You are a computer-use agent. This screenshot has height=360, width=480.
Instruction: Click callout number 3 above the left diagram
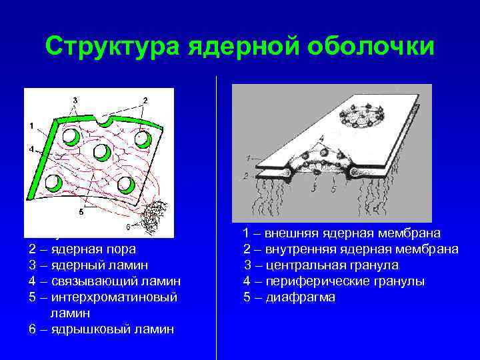(x=75, y=100)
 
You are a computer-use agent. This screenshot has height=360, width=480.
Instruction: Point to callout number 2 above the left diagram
(x=145, y=100)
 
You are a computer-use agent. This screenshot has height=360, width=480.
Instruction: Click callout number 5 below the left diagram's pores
(x=81, y=213)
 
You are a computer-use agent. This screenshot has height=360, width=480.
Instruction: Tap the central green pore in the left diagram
(x=102, y=152)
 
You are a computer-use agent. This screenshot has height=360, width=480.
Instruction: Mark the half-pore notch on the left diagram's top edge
(x=103, y=121)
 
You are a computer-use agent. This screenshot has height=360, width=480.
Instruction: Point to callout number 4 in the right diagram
(x=321, y=138)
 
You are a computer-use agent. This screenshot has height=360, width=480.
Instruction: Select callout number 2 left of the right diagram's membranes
(x=247, y=175)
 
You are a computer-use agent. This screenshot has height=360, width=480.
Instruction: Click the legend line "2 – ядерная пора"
(x=82, y=249)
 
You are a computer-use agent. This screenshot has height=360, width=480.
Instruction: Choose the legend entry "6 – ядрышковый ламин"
(x=101, y=329)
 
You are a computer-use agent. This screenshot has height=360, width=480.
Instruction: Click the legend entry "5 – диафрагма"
(x=289, y=297)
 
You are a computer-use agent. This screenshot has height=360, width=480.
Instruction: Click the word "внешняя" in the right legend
(x=290, y=233)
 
